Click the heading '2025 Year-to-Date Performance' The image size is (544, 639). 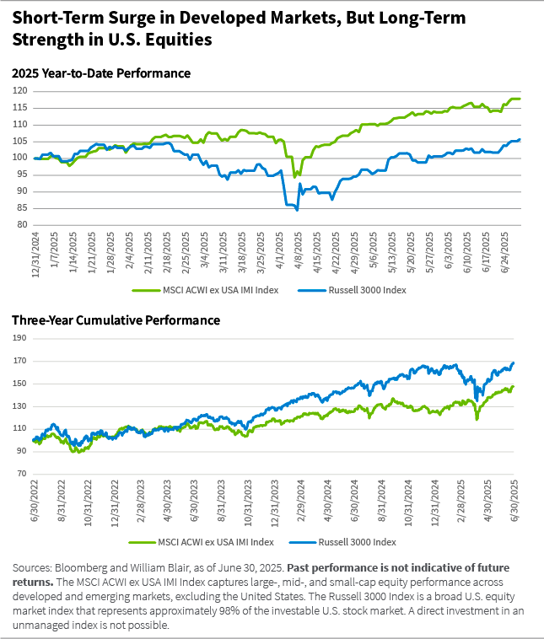[100, 73]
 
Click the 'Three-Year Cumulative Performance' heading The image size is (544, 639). [116, 320]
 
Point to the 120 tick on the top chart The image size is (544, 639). [20, 91]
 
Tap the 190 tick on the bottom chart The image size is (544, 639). [20, 339]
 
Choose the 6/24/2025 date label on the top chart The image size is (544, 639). [504, 249]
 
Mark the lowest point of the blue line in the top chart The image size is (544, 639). [297, 210]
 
